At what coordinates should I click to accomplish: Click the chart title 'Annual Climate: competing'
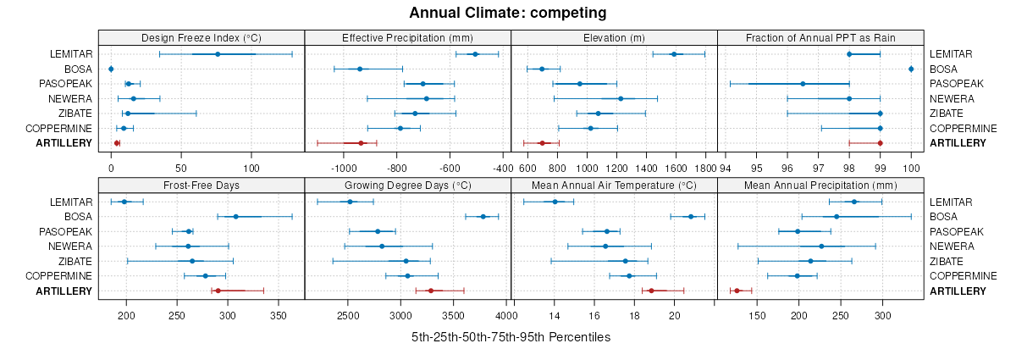pyautogui.click(x=507, y=13)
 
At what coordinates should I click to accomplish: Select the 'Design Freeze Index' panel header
pyautogui.click(x=202, y=37)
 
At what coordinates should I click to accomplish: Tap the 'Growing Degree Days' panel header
pyautogui.click(x=407, y=185)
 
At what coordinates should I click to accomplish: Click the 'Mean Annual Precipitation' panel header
pyautogui.click(x=820, y=185)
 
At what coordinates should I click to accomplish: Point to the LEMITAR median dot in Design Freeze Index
pyautogui.click(x=218, y=54)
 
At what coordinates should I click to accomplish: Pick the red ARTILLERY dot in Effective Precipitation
pyautogui.click(x=361, y=143)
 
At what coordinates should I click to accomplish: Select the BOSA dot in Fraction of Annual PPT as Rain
pyautogui.click(x=911, y=69)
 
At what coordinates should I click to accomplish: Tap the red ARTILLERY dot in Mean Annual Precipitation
pyautogui.click(x=737, y=291)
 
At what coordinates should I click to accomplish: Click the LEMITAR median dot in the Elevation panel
pyautogui.click(x=674, y=54)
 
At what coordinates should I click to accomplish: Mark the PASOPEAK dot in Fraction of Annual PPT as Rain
pyautogui.click(x=803, y=84)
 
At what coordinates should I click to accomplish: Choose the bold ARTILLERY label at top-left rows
pyautogui.click(x=63, y=143)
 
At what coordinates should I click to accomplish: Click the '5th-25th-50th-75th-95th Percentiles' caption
pyautogui.click(x=511, y=337)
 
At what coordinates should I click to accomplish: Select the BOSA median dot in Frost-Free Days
pyautogui.click(x=236, y=217)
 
